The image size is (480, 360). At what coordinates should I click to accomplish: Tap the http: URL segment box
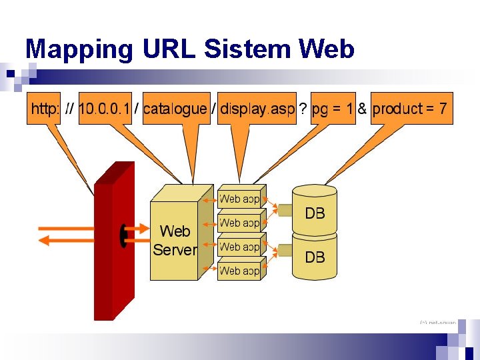coord(44,109)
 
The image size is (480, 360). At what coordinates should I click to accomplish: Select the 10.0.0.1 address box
coord(104,109)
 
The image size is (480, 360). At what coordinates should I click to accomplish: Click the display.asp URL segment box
coord(257,109)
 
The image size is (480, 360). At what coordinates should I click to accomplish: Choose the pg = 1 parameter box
coord(333,109)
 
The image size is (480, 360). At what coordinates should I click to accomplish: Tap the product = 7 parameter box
coord(411,109)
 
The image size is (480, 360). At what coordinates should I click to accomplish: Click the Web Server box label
coord(175,241)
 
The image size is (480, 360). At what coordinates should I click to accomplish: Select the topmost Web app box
coord(240,199)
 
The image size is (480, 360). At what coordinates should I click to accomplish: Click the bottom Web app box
coord(240,271)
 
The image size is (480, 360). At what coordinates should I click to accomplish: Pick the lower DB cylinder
coord(315,257)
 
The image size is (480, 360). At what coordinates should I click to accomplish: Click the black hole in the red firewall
coord(123,234)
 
